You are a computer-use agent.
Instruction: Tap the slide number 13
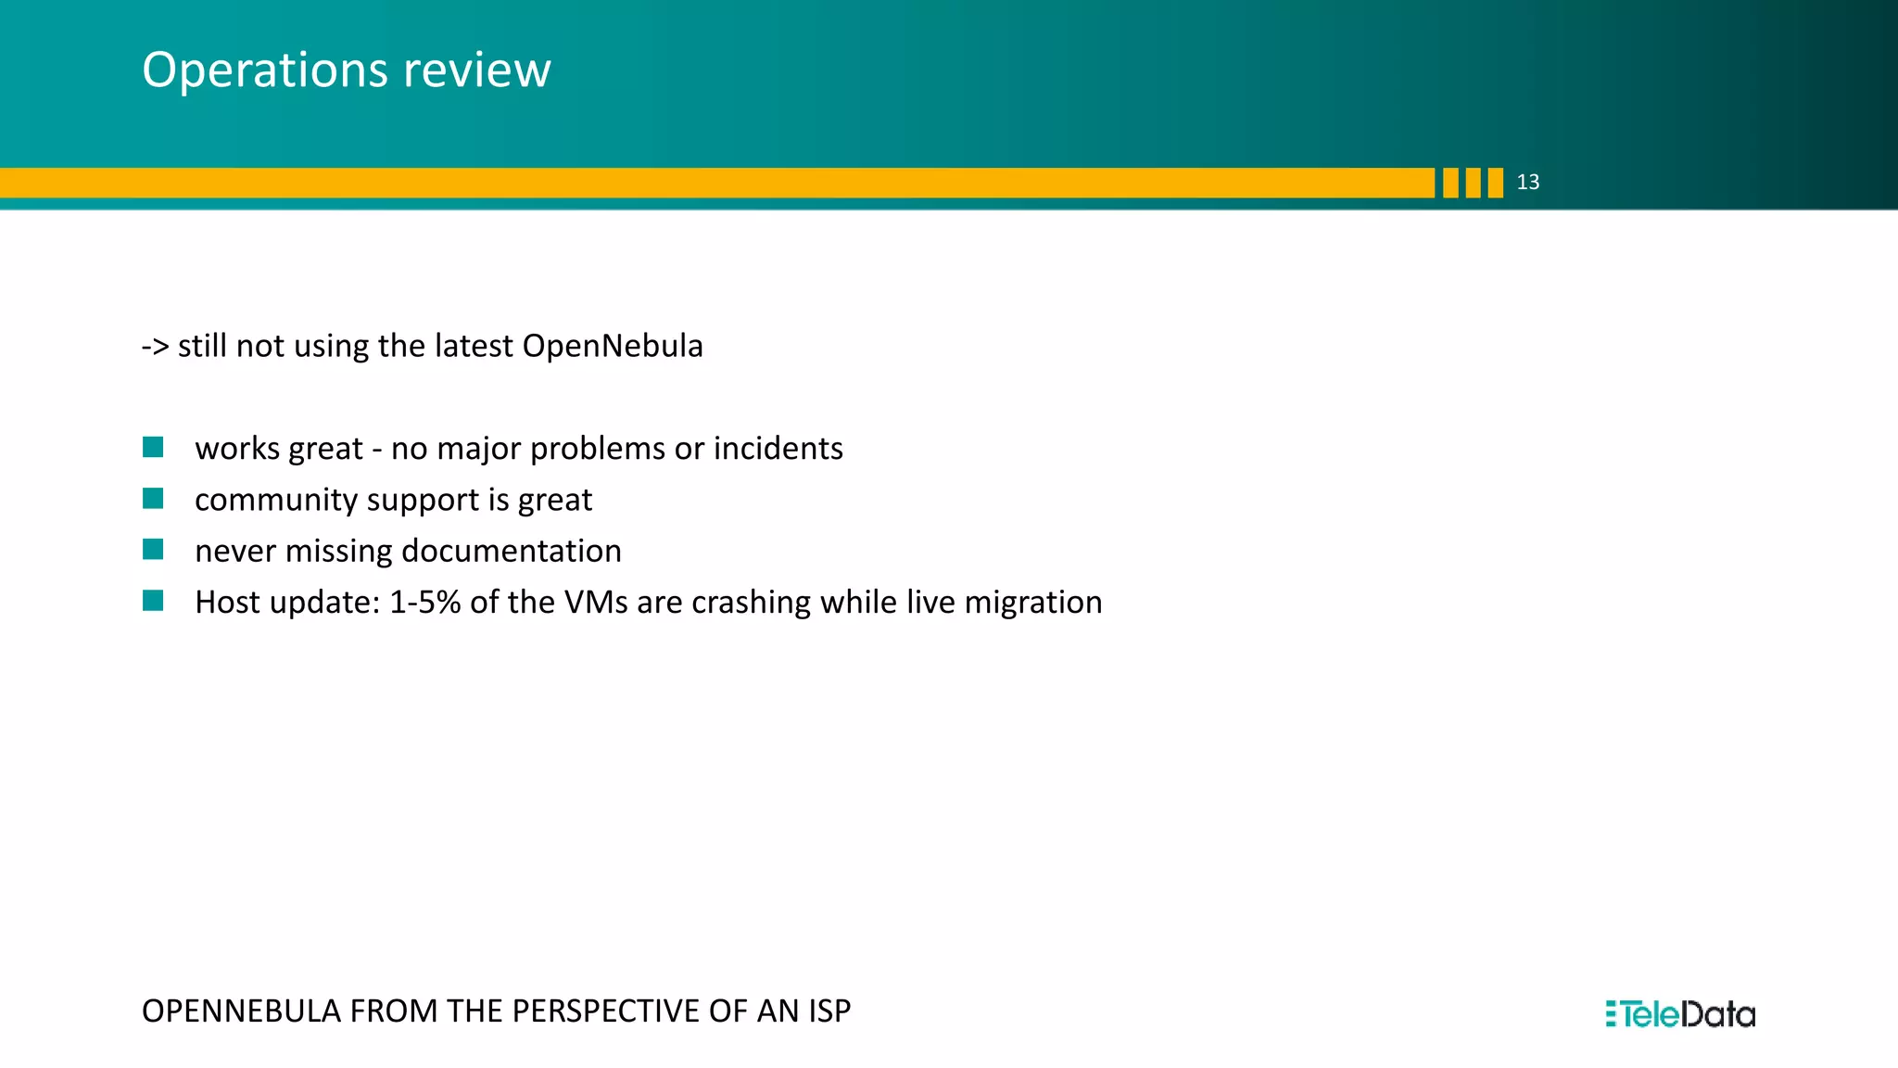pos(1527,183)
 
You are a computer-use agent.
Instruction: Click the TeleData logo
pos(1680,1014)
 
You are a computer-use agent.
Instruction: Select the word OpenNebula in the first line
pos(613,346)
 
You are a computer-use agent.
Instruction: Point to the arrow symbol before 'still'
pos(155,347)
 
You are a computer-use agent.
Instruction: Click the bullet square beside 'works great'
pos(154,448)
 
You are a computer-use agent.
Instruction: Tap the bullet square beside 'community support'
pos(154,499)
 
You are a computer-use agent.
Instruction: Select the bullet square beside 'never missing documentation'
pos(154,550)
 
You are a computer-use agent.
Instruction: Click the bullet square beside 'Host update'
pos(154,601)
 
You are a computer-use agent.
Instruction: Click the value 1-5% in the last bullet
pos(424,603)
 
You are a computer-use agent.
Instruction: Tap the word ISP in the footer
pos(829,1011)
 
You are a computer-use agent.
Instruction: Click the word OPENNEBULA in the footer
pos(241,1011)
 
